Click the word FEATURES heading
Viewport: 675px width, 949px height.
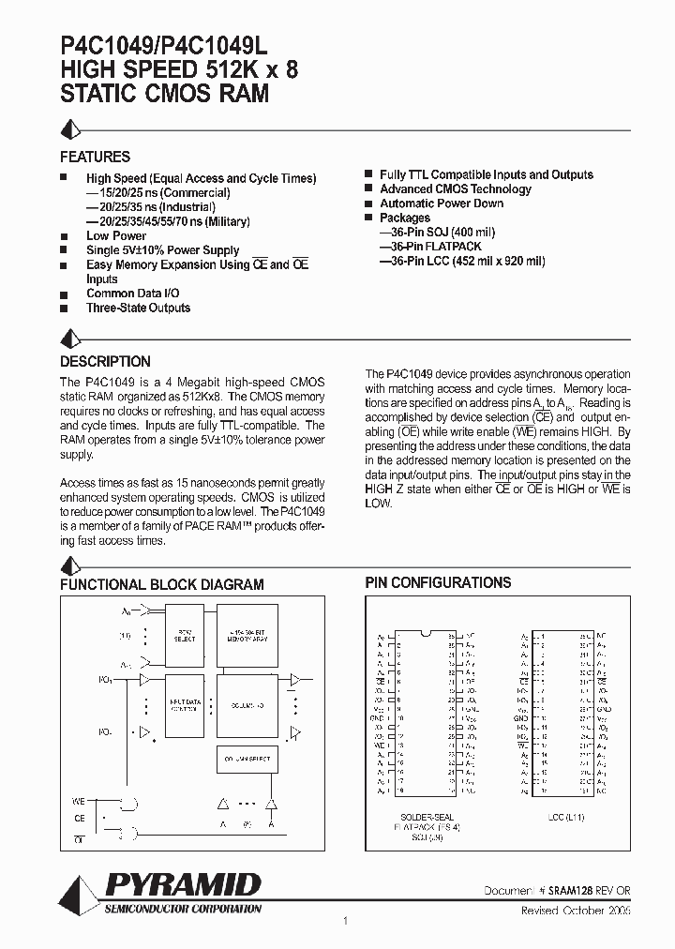(95, 157)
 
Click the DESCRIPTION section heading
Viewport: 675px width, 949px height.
(105, 361)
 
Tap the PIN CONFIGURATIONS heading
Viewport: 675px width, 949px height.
(438, 582)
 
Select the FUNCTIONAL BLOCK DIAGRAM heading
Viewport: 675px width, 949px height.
(161, 584)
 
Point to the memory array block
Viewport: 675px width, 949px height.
(247, 635)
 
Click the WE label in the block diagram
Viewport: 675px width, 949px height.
(79, 802)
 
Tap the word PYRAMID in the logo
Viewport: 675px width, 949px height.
(183, 885)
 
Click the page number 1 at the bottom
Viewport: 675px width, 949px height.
(346, 922)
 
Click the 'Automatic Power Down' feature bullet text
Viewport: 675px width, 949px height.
(441, 203)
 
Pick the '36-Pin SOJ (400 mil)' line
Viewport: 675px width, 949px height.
(424, 233)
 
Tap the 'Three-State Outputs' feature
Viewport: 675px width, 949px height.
(138, 308)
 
